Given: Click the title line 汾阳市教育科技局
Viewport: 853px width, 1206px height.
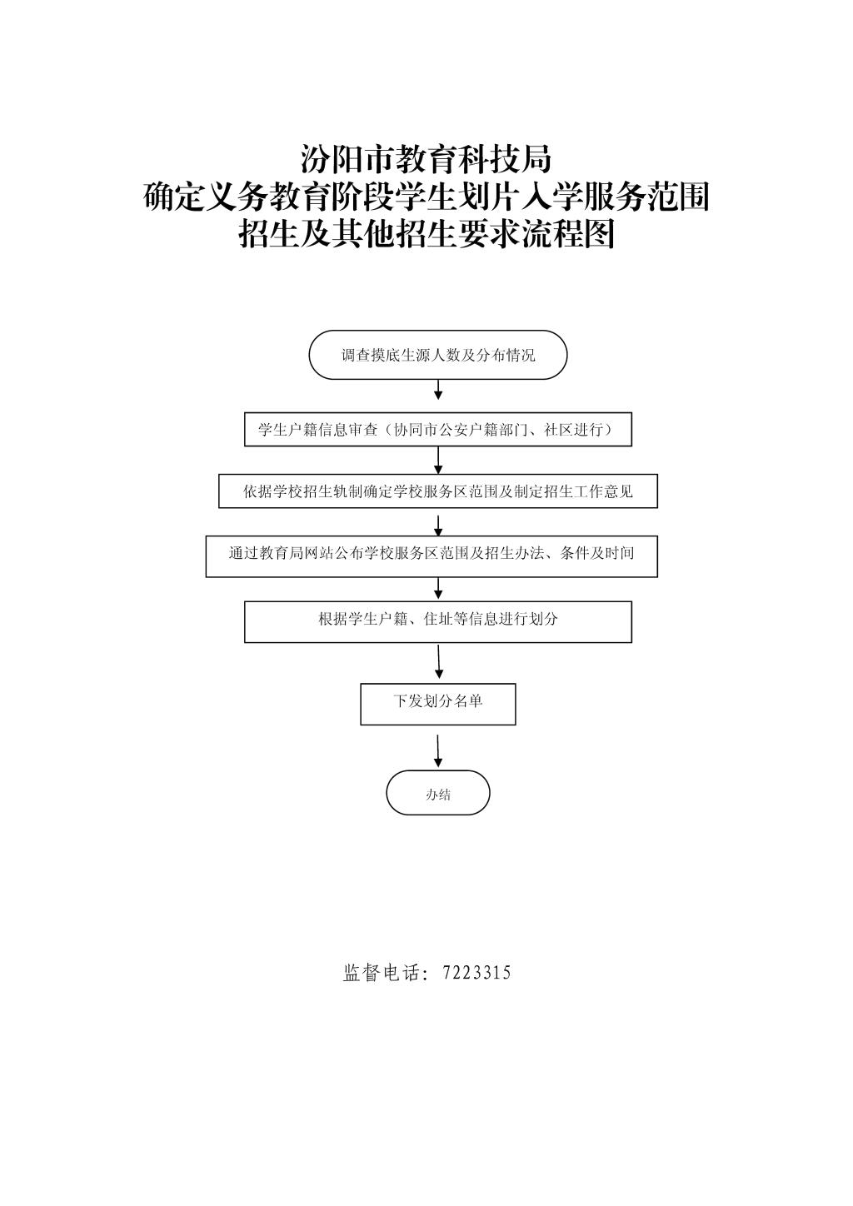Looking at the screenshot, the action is point(426,159).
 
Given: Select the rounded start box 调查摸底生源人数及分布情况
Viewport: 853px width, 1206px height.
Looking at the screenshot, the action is point(438,355).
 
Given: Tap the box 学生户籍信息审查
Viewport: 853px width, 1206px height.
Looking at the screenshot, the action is point(438,429).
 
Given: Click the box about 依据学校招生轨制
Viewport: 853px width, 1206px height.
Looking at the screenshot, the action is point(438,491).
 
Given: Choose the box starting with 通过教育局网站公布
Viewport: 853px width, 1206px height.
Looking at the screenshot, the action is point(431,556).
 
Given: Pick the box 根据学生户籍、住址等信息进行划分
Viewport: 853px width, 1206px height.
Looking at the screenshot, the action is point(438,622).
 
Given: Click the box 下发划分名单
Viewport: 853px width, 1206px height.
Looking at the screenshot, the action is point(438,705).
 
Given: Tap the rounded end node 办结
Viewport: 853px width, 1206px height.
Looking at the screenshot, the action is point(438,793).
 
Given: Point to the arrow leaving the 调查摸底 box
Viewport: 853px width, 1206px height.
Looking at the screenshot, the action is point(438,390).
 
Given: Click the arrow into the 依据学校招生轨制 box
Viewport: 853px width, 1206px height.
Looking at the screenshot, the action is point(438,461).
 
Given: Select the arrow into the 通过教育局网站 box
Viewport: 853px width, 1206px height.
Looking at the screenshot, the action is point(438,526).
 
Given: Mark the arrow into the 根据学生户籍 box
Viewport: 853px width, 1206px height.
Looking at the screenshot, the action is point(438,589).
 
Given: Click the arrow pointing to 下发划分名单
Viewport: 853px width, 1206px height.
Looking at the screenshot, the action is point(439,661).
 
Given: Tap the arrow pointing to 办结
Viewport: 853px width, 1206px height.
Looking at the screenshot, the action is point(438,751).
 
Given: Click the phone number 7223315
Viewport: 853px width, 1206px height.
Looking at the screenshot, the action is point(476,972).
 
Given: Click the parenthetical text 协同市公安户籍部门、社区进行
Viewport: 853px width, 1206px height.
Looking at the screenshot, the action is point(503,429).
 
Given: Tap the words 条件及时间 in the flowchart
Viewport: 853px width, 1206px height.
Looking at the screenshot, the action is point(596,553).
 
